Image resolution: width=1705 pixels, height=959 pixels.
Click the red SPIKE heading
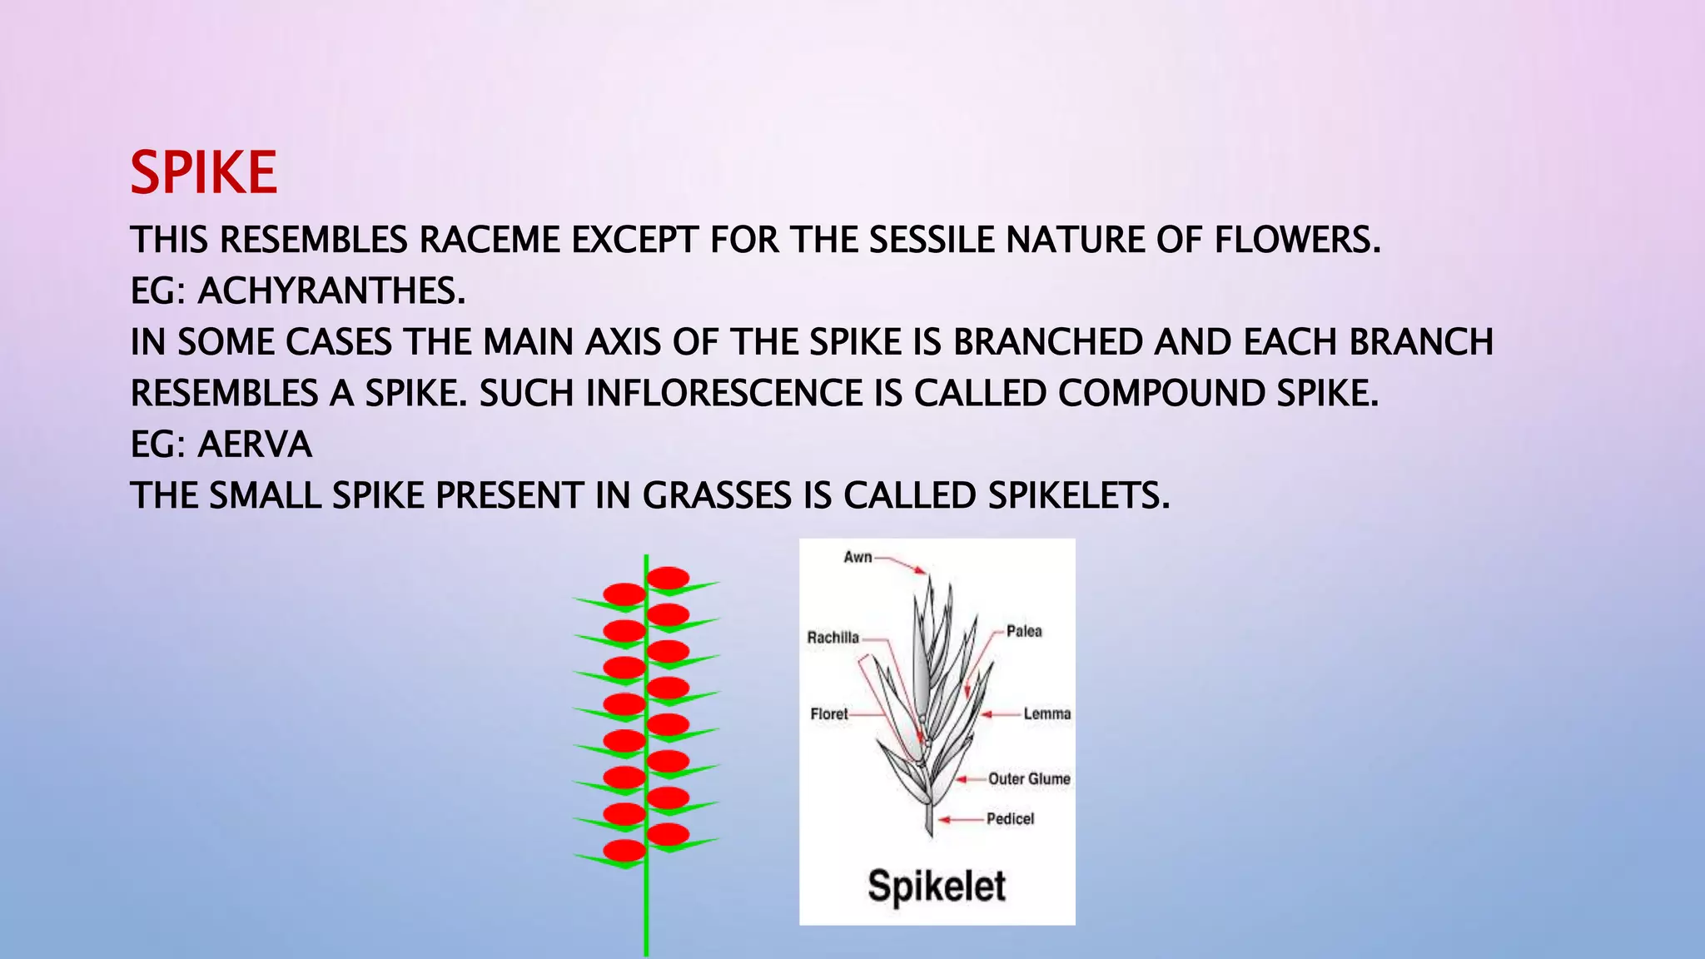(203, 173)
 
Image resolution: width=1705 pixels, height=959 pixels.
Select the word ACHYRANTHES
(331, 291)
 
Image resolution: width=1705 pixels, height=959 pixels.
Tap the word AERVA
(254, 445)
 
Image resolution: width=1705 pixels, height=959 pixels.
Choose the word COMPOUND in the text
(1161, 394)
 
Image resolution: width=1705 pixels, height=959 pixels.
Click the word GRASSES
(716, 496)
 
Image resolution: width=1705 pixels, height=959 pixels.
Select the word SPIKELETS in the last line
(1079, 496)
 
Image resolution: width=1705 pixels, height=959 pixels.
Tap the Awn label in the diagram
(857, 557)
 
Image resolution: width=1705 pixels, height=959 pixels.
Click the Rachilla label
(833, 638)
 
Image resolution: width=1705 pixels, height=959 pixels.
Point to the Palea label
(1024, 631)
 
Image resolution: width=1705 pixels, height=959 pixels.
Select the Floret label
(828, 713)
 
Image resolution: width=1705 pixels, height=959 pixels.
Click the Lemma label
(1046, 713)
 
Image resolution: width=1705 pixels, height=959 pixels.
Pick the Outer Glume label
(1029, 778)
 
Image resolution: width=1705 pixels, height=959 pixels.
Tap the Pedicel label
(1010, 818)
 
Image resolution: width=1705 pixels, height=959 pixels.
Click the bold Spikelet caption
(937, 885)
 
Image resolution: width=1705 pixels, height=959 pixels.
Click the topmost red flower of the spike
(668, 578)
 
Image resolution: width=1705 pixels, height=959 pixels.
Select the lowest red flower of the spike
(624, 850)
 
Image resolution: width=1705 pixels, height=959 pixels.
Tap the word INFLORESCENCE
(723, 394)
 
